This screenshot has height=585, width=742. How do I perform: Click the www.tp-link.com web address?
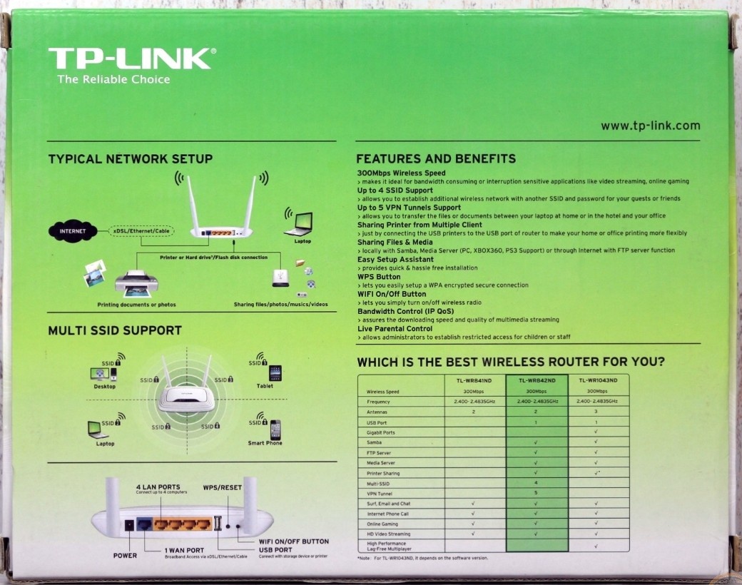[x=650, y=126]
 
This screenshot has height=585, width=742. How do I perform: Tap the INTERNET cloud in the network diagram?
[x=72, y=231]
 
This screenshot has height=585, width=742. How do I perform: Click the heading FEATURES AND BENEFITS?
[x=436, y=158]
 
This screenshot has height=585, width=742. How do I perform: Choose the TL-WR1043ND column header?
[x=598, y=381]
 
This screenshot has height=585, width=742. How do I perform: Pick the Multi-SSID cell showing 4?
[x=536, y=484]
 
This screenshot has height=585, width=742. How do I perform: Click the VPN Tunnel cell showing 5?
[x=536, y=494]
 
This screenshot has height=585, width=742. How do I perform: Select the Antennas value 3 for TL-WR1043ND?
[x=596, y=412]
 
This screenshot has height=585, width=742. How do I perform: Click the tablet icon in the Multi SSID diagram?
[x=275, y=373]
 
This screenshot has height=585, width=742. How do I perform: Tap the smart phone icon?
[x=275, y=429]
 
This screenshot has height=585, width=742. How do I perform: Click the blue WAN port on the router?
[x=144, y=524]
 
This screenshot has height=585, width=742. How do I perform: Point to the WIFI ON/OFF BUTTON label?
[x=295, y=541]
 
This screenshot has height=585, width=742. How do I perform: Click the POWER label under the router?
[x=125, y=556]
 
